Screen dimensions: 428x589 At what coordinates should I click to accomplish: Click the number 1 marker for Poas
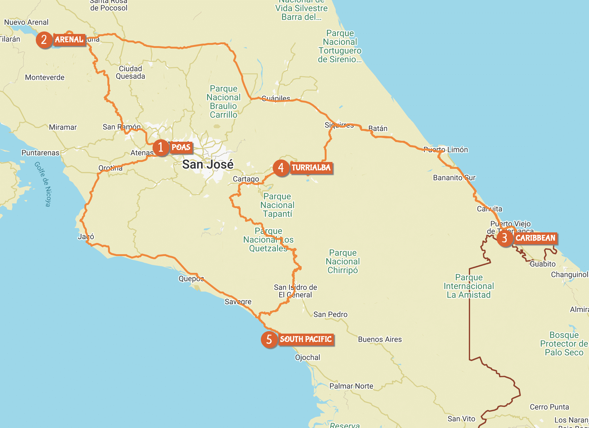pos(161,147)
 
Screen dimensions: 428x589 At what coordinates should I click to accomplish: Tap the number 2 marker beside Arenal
pos(44,40)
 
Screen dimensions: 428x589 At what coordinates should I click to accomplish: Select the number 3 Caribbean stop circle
pos(505,238)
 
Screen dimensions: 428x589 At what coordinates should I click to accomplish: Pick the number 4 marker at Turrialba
pos(281,168)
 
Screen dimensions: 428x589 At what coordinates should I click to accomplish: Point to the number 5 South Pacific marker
pos(269,340)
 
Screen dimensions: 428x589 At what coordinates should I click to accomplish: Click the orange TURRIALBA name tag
pos(311,168)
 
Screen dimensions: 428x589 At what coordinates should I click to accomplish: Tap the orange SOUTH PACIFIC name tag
pos(306,339)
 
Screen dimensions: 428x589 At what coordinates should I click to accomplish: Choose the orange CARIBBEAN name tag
pos(535,238)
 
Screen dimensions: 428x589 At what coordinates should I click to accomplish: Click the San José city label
pos(208,164)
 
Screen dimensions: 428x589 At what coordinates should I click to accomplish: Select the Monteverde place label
pos(45,77)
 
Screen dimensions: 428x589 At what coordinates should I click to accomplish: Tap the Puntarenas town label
pos(40,153)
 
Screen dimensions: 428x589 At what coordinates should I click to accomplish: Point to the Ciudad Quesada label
pos(130,72)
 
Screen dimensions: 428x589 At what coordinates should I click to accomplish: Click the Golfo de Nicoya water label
pos(43,184)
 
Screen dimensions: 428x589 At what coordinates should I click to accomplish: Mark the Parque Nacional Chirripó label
pos(343,261)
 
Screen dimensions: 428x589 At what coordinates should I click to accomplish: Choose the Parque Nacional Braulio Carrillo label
pos(224,102)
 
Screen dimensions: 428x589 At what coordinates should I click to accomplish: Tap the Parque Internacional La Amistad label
pos(469,286)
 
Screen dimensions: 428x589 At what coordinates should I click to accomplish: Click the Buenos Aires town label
pos(380,339)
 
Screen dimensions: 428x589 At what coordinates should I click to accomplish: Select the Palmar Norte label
pos(351,386)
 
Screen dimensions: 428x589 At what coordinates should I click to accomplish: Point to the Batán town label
pos(378,128)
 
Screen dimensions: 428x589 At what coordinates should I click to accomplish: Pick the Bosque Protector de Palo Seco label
pos(564,344)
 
